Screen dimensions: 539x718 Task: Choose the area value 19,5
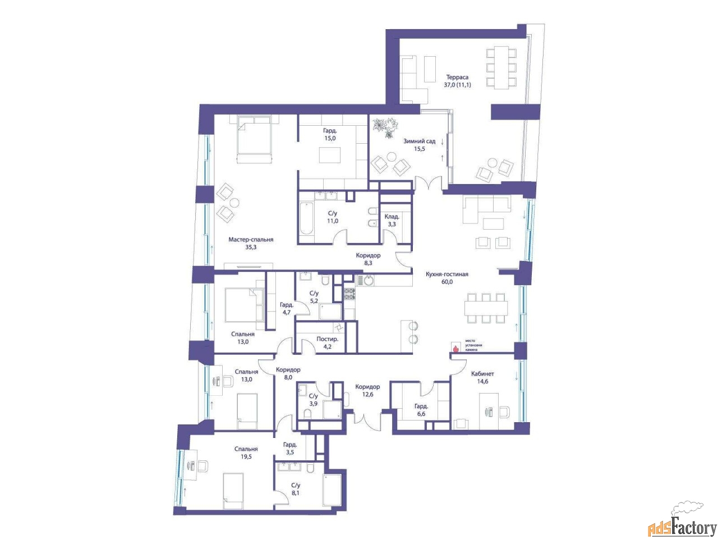tap(246, 457)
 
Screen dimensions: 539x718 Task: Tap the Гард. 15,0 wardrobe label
tap(329, 134)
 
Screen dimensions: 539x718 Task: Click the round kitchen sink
tap(369, 280)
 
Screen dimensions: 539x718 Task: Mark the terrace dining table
tap(498, 67)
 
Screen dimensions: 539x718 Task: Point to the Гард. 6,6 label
tap(421, 410)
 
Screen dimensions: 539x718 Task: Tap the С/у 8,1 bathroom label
tap(296, 488)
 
